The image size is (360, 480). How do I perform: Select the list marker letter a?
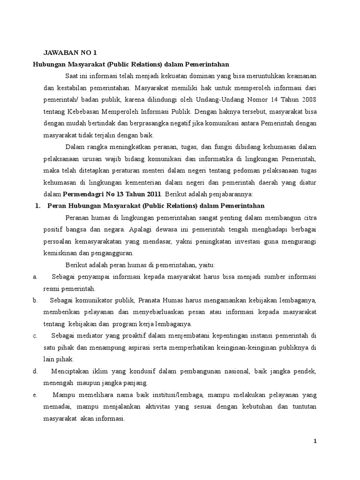35,277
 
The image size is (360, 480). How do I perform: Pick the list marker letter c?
35,335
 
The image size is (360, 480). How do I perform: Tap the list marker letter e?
35,395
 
